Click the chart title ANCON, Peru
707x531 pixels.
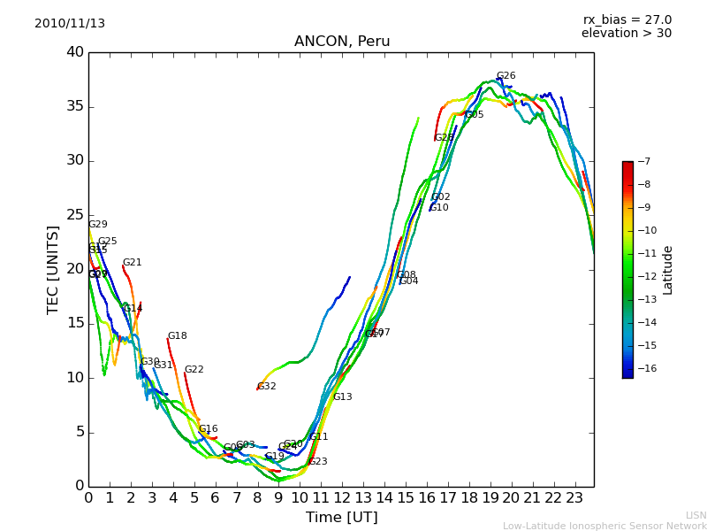pos(342,42)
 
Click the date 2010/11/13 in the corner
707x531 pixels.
pos(70,24)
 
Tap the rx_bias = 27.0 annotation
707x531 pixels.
pos(627,20)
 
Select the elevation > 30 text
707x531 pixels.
pos(626,34)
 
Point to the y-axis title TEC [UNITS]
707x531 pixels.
pos(53,269)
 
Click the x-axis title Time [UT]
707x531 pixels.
pos(341,517)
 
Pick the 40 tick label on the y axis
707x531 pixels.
pos(75,52)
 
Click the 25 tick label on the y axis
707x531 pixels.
pos(75,215)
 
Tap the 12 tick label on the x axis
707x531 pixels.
pos(342,497)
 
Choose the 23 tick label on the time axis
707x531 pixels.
pos(574,497)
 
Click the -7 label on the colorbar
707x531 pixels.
pos(642,161)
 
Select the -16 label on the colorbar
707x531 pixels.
pos(645,368)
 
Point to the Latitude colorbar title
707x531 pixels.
pos(668,270)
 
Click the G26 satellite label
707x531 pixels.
pos(506,76)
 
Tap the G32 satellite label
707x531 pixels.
pos(267,387)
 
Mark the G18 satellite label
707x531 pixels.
pos(178,336)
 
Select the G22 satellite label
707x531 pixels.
pos(194,370)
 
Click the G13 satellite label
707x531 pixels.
pos(343,397)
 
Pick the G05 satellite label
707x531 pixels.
pos(475,115)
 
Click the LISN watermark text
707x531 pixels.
pos(696,515)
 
